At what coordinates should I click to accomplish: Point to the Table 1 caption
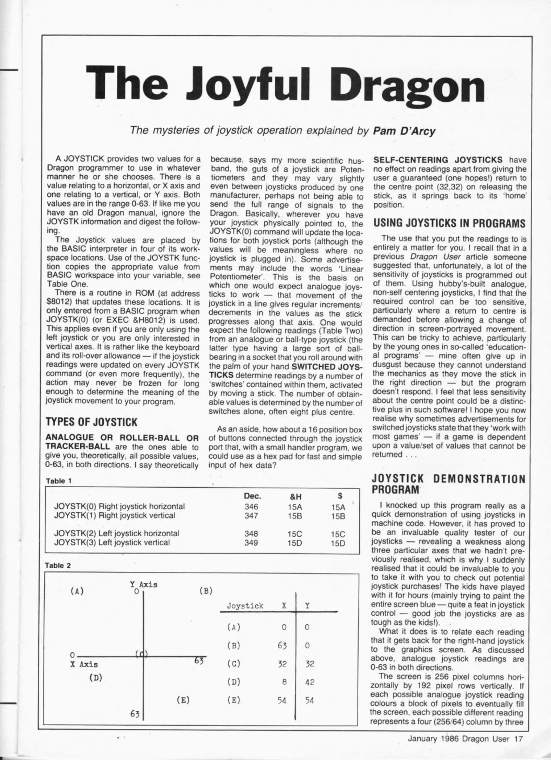(59, 481)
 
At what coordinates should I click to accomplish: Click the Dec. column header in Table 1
(252, 496)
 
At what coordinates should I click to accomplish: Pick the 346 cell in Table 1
(251, 507)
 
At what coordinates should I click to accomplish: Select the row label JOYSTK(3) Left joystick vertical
(112, 542)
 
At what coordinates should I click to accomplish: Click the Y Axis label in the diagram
(143, 585)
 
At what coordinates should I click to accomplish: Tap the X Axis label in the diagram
(84, 665)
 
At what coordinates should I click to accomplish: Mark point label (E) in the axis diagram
(183, 700)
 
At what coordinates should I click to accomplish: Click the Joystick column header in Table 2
(245, 606)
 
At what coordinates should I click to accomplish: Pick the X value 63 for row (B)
(282, 646)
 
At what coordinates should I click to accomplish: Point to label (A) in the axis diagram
(77, 591)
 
